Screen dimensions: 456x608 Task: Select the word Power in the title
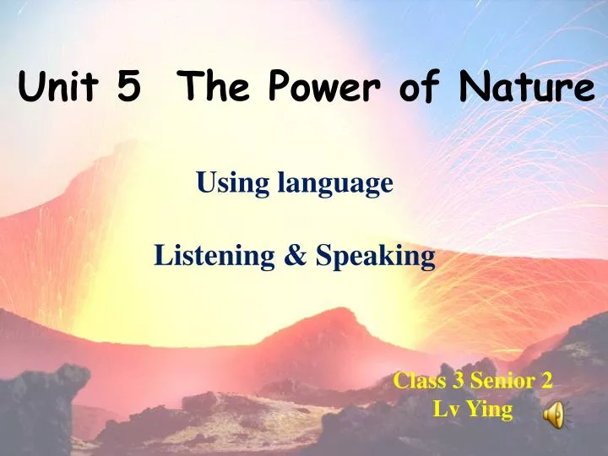point(316,88)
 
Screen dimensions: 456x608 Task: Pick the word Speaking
point(375,257)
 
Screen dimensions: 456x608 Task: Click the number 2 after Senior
point(546,381)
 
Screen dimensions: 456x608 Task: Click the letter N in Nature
point(469,88)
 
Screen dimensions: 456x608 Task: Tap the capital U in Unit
point(30,88)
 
